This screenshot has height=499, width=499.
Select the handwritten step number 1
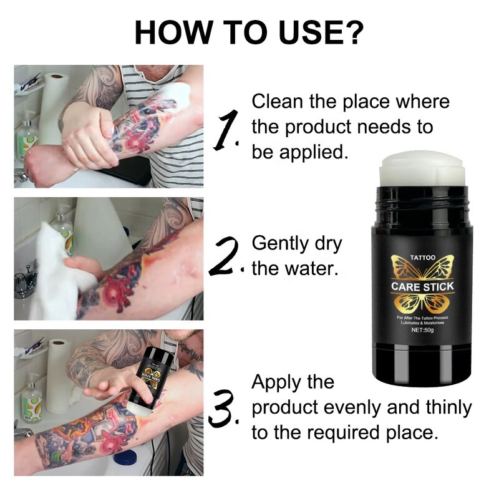(226, 128)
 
